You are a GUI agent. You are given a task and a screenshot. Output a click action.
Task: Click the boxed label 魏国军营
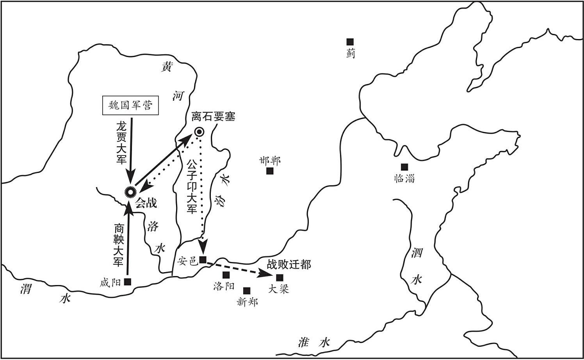coord(130,105)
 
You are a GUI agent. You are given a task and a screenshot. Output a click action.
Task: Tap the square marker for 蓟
coord(350,42)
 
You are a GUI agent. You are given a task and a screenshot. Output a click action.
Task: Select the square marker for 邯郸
coord(270,171)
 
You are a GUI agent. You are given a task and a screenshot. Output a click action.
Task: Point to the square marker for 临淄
coord(404,167)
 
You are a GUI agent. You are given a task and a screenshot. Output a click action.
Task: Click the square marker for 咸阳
coord(128,282)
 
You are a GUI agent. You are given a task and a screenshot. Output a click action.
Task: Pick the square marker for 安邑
coord(203,260)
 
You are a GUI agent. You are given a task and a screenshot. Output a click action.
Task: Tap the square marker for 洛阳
coord(226,275)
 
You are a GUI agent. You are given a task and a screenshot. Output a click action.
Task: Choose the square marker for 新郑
coord(247,290)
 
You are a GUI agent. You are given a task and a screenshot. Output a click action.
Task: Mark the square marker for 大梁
coord(280,278)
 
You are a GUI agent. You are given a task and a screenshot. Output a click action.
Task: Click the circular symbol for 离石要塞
coord(200,132)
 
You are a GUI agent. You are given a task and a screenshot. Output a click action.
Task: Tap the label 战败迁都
coord(289,265)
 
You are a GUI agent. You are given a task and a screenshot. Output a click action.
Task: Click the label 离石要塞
coord(213,116)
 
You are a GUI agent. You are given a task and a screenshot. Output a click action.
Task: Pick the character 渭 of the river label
coord(26,289)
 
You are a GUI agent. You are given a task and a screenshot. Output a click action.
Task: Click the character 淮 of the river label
coord(303,342)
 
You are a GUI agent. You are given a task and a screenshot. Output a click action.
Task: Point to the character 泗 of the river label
coord(417,252)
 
